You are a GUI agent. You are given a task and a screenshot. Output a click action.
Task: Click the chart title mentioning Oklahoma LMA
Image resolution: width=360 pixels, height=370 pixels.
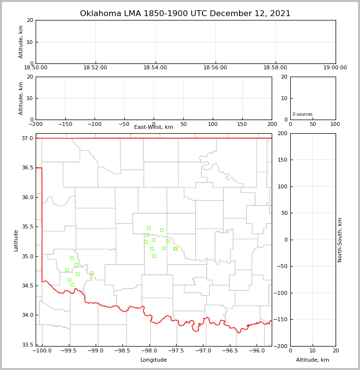tap(185, 14)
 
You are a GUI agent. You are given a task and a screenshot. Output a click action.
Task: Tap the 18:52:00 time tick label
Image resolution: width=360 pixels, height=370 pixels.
tap(95, 68)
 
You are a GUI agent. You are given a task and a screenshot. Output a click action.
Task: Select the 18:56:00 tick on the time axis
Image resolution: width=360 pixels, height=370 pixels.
tap(215, 68)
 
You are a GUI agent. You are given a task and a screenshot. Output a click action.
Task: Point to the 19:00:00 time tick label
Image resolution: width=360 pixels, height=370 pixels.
tap(335, 68)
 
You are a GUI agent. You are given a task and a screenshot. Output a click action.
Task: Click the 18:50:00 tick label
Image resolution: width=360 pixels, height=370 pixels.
tap(36, 68)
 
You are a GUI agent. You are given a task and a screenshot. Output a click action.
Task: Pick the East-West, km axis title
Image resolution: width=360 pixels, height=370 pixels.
tap(154, 127)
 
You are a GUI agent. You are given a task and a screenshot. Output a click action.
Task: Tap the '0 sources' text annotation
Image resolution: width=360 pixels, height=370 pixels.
tap(302, 114)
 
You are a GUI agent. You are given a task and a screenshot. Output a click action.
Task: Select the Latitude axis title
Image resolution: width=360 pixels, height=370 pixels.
tap(16, 240)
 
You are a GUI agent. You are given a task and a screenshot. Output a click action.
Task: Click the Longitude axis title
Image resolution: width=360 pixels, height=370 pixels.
tap(154, 360)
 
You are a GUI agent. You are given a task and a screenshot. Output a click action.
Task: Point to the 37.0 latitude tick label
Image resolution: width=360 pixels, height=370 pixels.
tap(27, 139)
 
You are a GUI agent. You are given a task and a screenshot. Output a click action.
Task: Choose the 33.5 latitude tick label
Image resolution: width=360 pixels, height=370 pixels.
tap(27, 345)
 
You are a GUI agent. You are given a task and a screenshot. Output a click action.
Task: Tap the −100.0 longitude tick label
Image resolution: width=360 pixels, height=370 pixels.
tap(42, 351)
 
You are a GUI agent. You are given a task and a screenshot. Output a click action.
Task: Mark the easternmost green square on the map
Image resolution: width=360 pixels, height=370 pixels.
tap(176, 248)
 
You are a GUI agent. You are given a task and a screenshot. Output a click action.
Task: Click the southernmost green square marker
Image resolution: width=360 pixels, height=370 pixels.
tap(72, 285)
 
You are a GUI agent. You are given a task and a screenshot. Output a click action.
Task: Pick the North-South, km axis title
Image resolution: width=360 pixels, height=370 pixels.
tap(340, 240)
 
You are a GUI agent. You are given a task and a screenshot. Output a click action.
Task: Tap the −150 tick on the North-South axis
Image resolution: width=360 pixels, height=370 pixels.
tap(282, 320)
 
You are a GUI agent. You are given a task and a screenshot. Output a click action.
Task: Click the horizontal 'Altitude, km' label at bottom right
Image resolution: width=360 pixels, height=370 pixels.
tap(313, 360)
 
